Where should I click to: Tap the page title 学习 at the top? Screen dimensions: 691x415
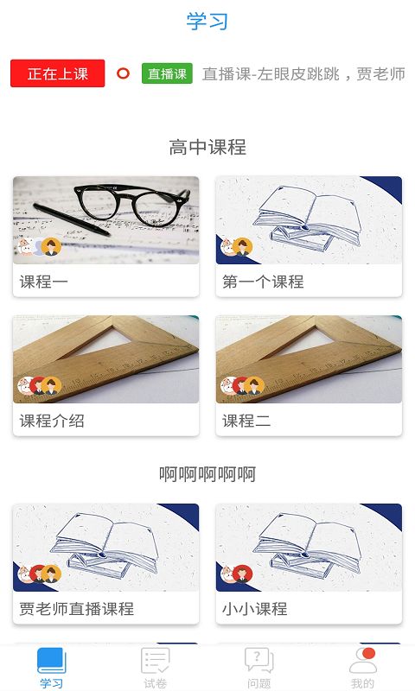pyautogui.click(x=207, y=21)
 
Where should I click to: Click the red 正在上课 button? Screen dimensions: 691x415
pyautogui.click(x=58, y=73)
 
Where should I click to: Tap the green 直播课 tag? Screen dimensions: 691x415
pyautogui.click(x=167, y=73)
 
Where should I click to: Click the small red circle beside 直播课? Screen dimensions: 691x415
pyautogui.click(x=123, y=73)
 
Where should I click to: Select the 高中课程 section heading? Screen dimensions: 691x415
pyautogui.click(x=207, y=147)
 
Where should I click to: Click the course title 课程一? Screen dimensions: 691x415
pyautogui.click(x=43, y=281)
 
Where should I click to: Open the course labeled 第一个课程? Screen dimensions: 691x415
pyautogui.click(x=263, y=281)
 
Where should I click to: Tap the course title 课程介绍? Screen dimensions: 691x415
pyautogui.click(x=52, y=421)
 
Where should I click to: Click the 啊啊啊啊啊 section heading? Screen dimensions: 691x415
pyautogui.click(x=207, y=473)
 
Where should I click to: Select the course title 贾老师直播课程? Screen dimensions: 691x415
pyautogui.click(x=77, y=608)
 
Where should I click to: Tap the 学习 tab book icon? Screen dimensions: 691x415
pyautogui.click(x=51, y=661)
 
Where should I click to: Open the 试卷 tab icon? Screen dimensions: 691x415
pyautogui.click(x=156, y=661)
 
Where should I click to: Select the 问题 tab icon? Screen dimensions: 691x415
pyautogui.click(x=259, y=661)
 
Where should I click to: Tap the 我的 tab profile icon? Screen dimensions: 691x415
pyautogui.click(x=363, y=661)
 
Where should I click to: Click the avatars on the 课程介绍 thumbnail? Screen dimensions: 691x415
pyautogui.click(x=39, y=386)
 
